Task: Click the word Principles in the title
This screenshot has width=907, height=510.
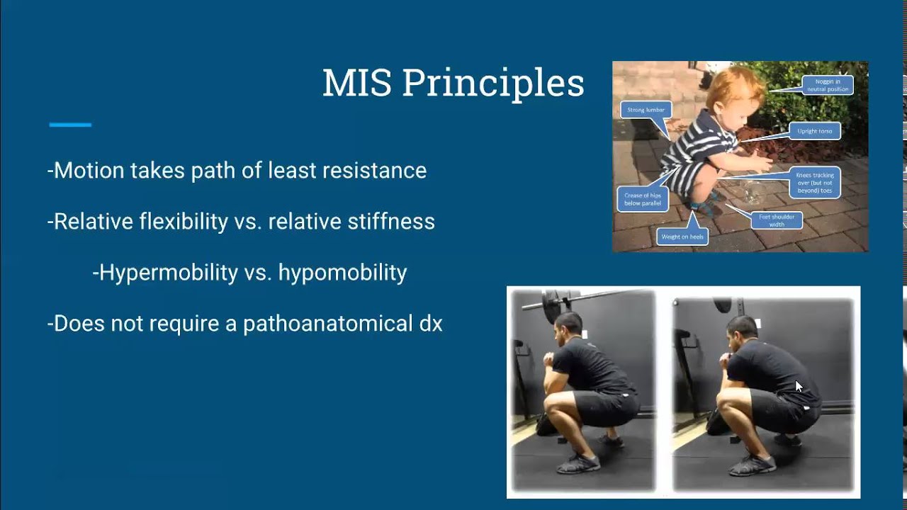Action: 492,84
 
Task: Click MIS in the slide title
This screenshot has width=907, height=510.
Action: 357,84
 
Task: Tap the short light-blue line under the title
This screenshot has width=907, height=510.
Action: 70,125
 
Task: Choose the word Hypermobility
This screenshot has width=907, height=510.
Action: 167,273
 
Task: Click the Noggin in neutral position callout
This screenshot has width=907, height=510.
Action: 828,86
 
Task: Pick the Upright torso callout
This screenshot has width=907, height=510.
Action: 814,131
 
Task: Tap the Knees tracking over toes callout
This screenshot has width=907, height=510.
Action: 815,183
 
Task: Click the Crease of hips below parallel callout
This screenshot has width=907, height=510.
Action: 642,199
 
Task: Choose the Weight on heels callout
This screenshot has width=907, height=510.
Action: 682,237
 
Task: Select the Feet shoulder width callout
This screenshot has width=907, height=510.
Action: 777,220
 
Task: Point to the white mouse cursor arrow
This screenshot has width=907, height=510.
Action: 799,387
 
